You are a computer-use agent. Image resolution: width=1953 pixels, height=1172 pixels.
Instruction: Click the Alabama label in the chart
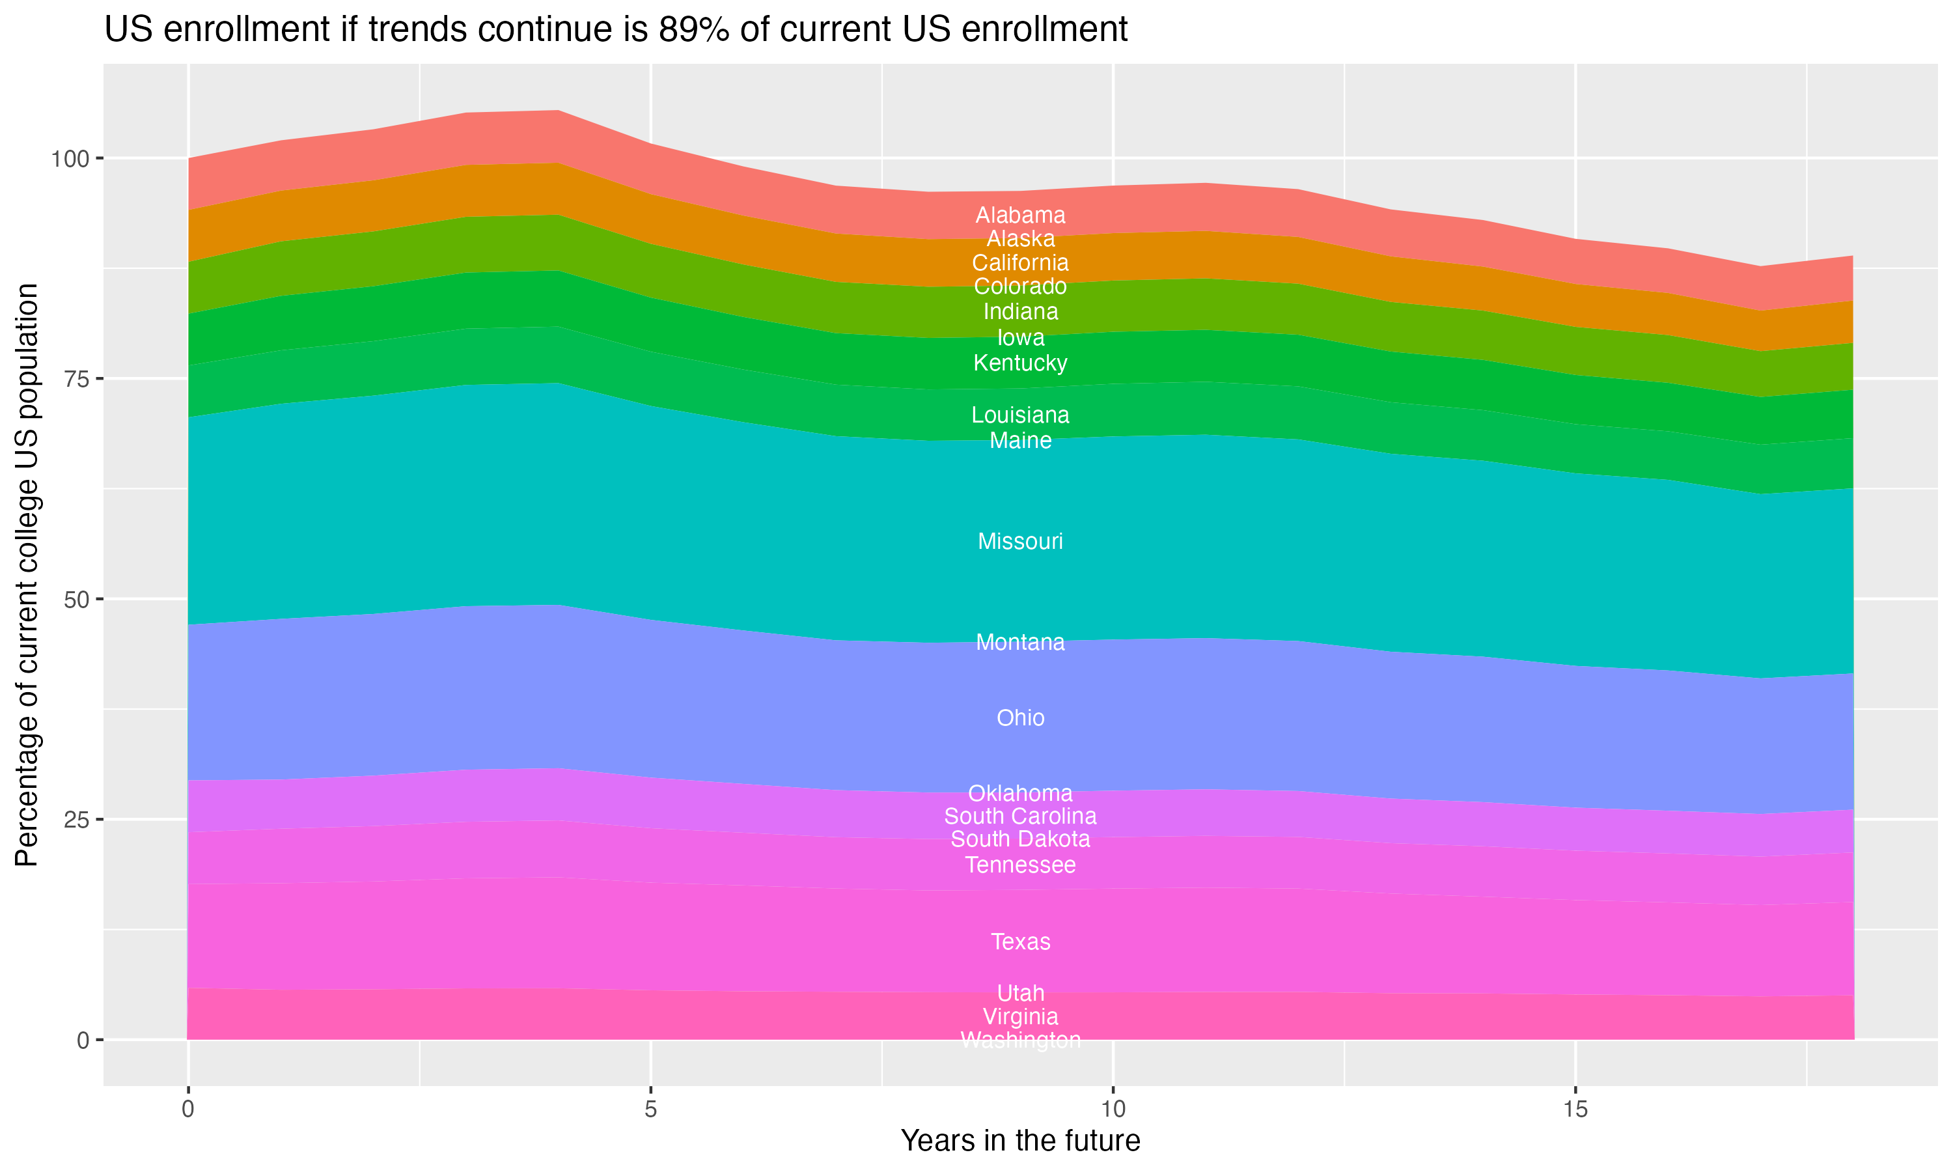coord(1020,215)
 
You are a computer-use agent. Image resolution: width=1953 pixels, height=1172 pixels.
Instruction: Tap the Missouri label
coord(1020,541)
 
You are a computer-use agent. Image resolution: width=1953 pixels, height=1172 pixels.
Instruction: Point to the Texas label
coord(1020,942)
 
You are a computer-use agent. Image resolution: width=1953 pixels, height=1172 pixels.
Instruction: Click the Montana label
coord(1020,642)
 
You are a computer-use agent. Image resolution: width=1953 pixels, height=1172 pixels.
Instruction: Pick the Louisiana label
coord(1020,415)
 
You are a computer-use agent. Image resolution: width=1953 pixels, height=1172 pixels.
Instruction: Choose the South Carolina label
coord(1020,816)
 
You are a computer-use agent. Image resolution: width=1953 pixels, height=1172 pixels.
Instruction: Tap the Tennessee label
coord(1020,865)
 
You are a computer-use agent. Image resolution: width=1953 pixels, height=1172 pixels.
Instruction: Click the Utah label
coord(1020,993)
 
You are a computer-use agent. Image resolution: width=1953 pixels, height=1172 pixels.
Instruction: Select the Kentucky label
coord(1020,363)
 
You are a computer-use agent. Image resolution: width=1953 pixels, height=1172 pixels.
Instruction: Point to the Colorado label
coord(1020,286)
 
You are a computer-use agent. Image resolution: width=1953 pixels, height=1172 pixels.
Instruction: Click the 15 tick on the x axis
coord(1575,1109)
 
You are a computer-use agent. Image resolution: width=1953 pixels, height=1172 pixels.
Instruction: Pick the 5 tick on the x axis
coord(650,1109)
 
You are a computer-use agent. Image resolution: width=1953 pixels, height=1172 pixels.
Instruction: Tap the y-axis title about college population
coord(27,574)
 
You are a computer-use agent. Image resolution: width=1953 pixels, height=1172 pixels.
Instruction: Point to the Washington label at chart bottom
coord(1020,1040)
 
